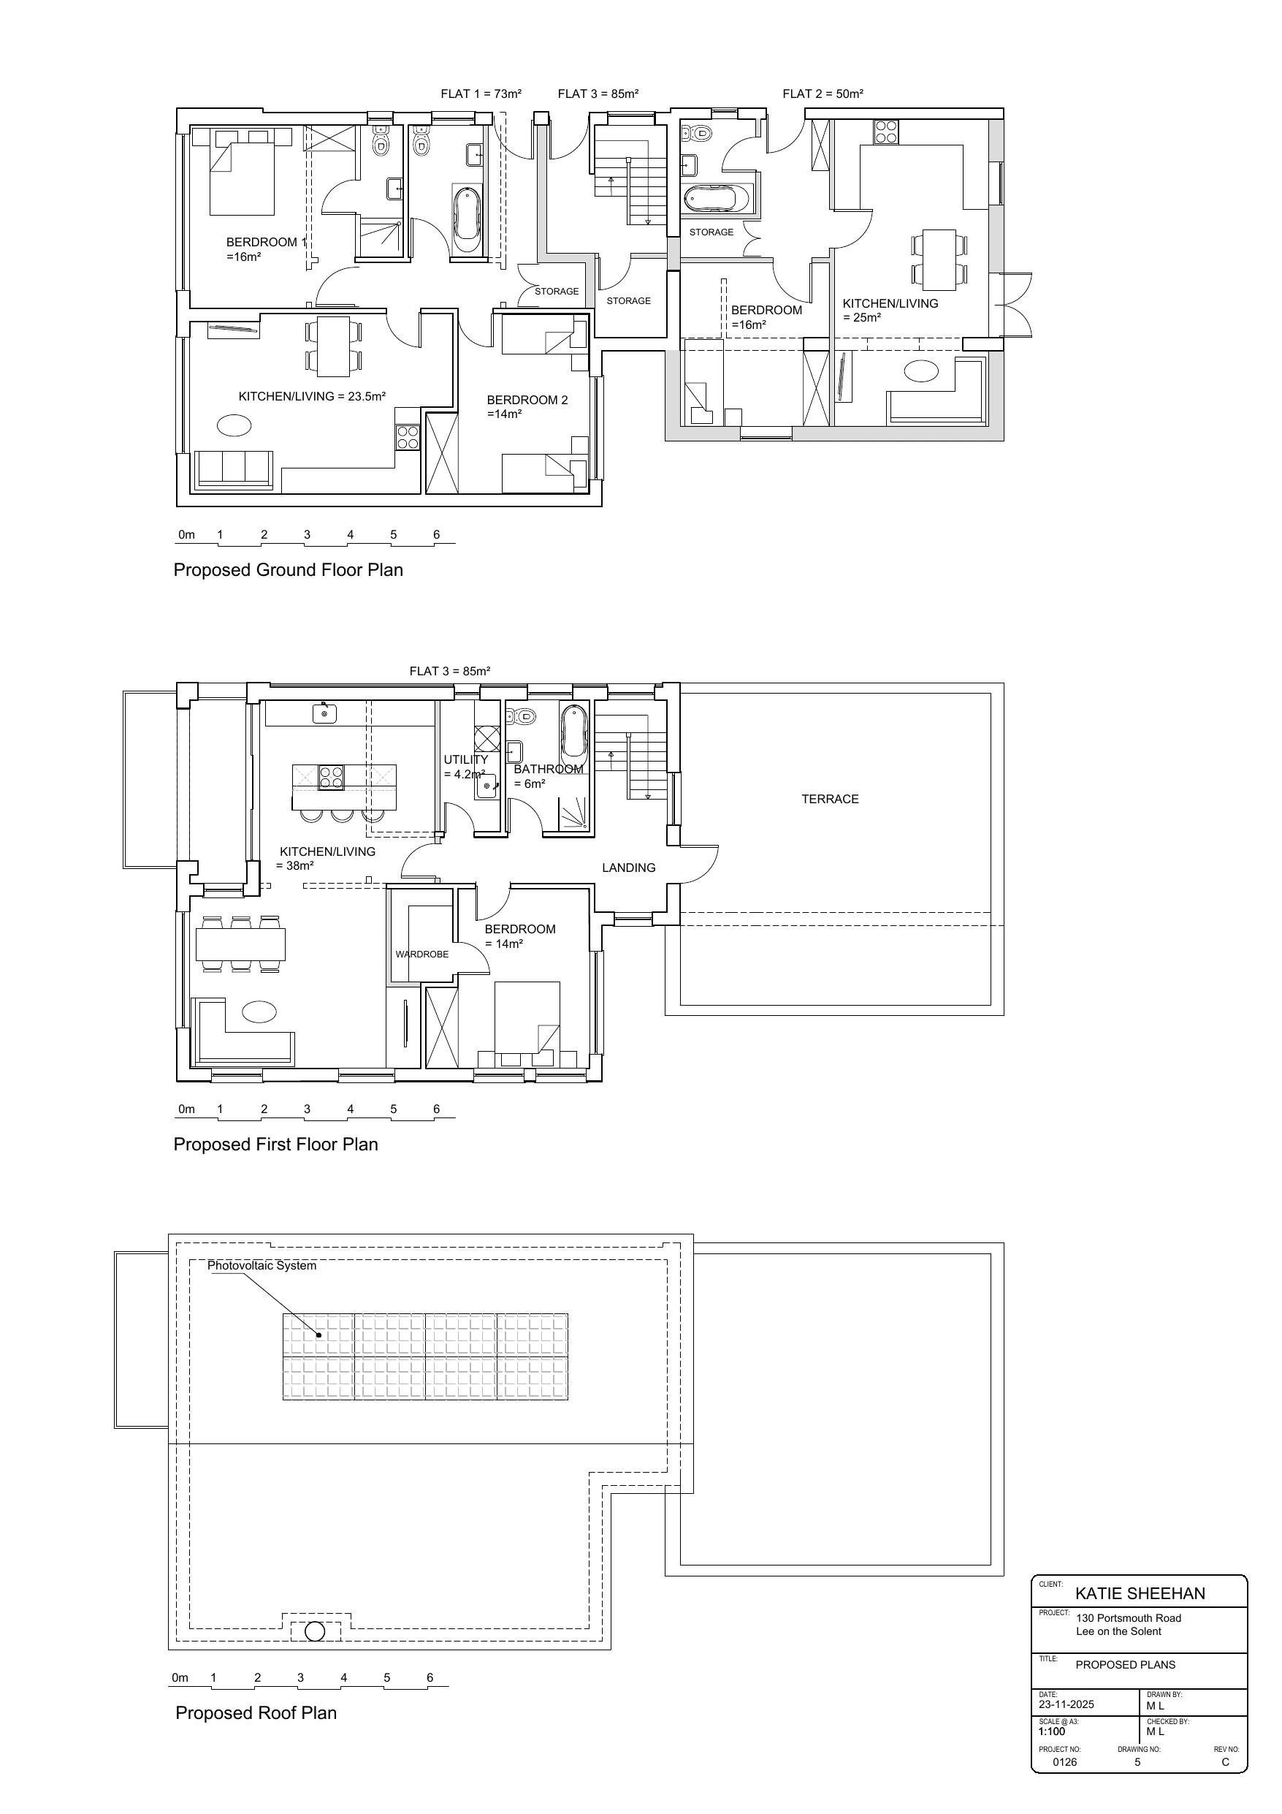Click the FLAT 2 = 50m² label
[823, 94]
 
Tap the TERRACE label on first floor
[829, 799]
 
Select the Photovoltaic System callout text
[262, 1266]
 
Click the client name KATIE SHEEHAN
[1140, 1593]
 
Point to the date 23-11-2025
[1067, 1704]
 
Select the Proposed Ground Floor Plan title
[288, 569]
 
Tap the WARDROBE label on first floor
[421, 955]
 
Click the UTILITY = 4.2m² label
[465, 767]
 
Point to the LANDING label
[629, 868]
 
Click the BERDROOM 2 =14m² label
[527, 406]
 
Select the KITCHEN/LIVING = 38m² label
[327, 858]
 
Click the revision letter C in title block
[1225, 1762]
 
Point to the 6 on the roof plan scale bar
[430, 1677]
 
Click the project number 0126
[1065, 1762]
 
